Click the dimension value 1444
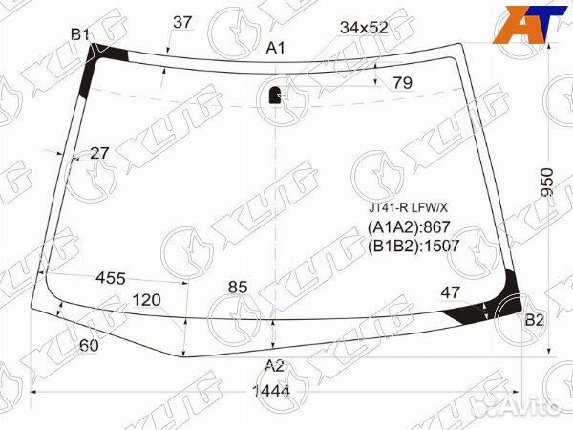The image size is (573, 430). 271,391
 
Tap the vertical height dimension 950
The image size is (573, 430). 547,183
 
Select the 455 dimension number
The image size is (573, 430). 111,279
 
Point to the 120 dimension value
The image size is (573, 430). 146,300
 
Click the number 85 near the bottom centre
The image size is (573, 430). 238,288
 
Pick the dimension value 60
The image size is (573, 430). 89,345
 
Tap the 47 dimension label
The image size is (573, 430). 450,292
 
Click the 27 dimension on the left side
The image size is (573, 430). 99,153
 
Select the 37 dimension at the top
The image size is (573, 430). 182,22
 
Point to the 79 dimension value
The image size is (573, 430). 403,83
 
